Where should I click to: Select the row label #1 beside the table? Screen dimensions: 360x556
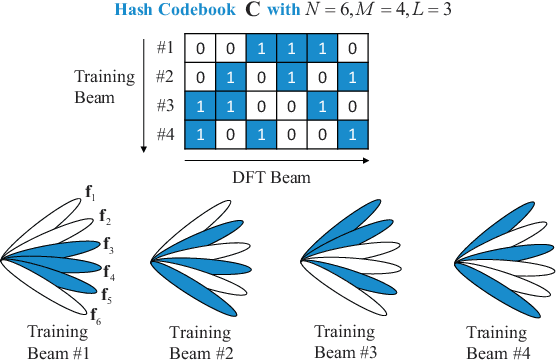point(166,46)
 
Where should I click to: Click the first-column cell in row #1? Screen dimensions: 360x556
point(201,47)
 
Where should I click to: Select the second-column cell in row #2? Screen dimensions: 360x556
point(232,76)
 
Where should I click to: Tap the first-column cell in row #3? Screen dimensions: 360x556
point(201,105)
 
